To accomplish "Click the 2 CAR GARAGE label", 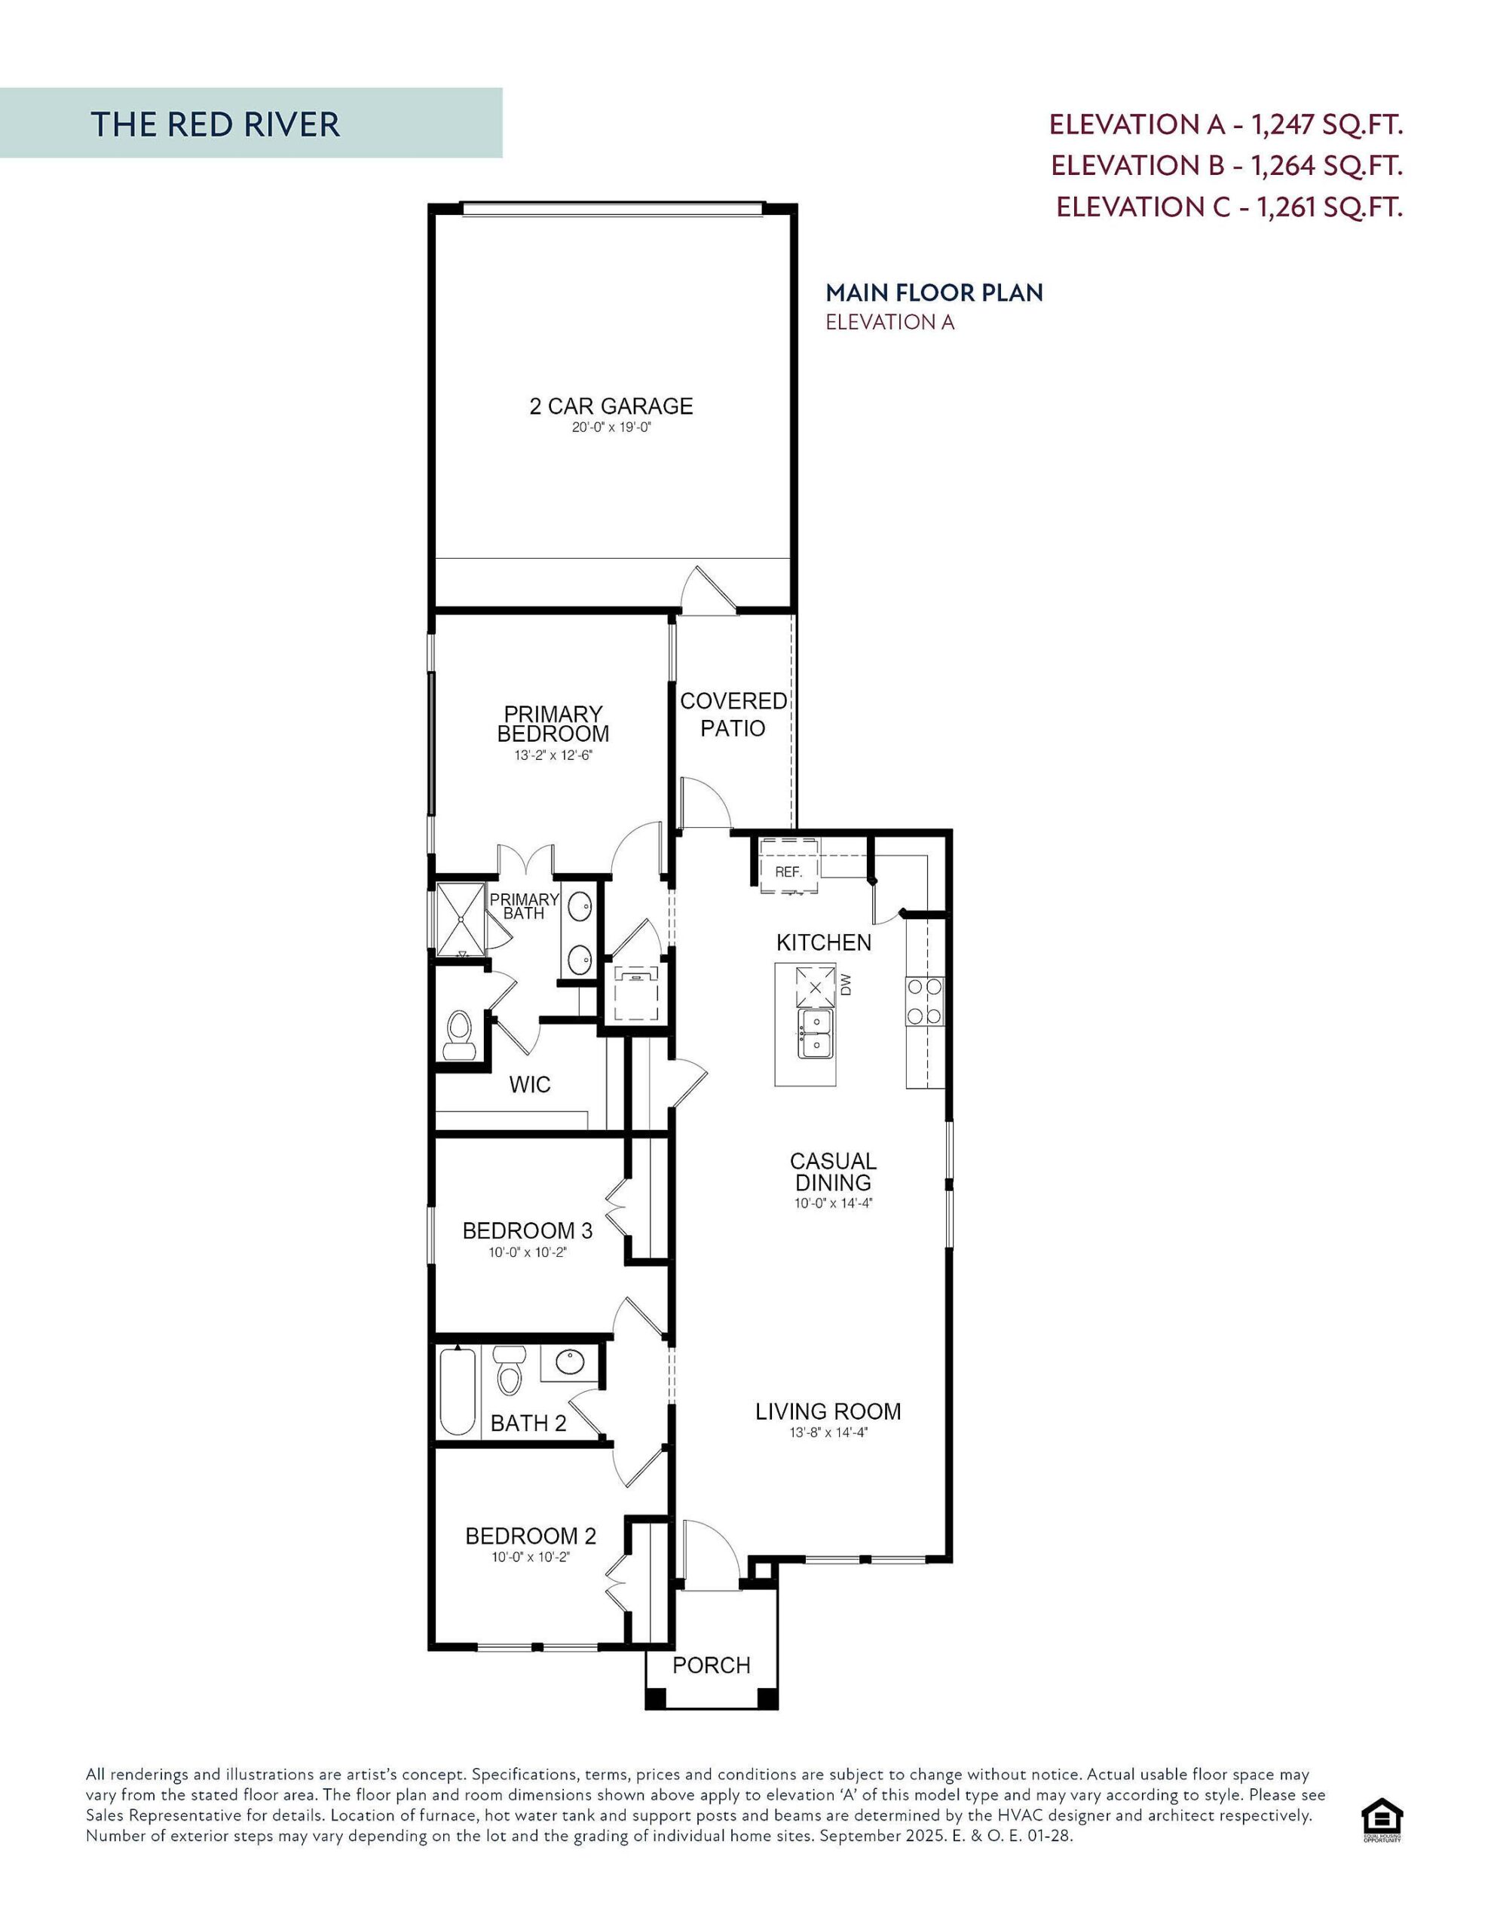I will (611, 406).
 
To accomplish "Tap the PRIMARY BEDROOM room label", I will (553, 724).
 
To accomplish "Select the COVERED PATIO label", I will (733, 714).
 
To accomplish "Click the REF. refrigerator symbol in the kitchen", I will (788, 871).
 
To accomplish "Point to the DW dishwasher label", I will (846, 985).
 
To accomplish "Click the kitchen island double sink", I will (815, 1034).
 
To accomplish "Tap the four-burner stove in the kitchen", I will (923, 1001).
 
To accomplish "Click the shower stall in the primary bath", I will (461, 918).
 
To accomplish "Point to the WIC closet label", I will (529, 1084).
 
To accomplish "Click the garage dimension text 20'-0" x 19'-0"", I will (611, 427).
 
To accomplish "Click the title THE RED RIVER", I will (215, 124).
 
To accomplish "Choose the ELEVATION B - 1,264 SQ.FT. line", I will (1226, 165).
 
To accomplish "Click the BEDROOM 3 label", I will (528, 1230).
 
